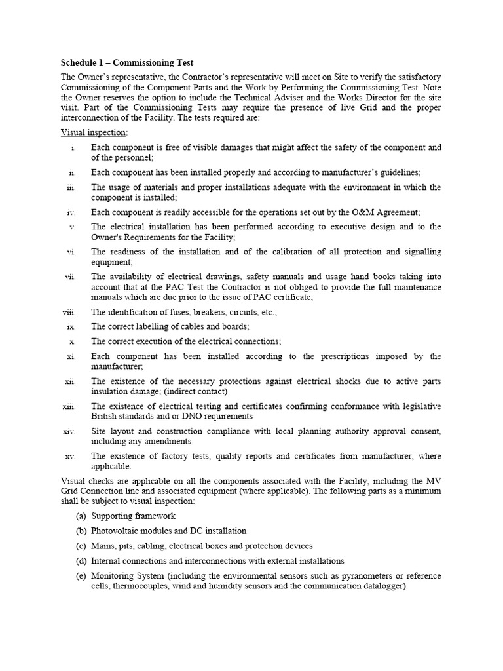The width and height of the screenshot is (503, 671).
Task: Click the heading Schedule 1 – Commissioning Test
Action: [127, 63]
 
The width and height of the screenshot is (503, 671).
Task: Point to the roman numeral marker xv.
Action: [71, 456]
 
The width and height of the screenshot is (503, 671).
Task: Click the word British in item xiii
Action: [107, 416]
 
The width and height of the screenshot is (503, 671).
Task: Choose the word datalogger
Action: [382, 586]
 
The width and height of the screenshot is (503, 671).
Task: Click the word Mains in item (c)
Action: [103, 546]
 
